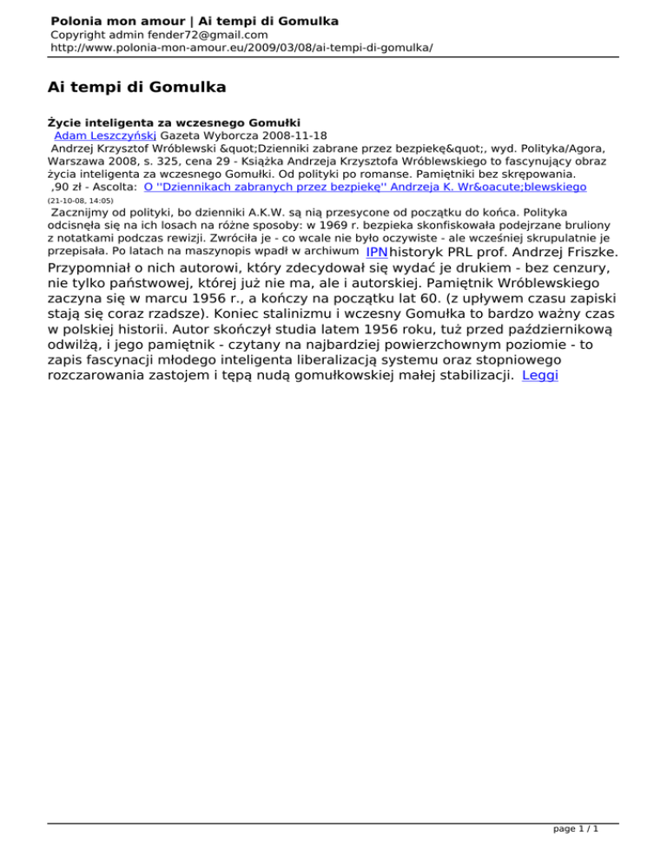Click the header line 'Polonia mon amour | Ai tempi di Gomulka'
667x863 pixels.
(195, 20)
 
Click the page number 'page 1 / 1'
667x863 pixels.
(576, 830)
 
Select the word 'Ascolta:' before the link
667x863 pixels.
(116, 187)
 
